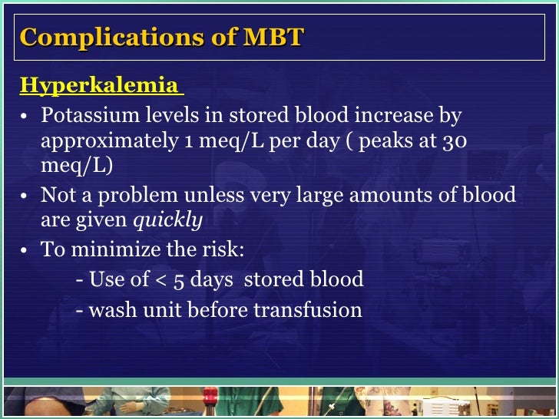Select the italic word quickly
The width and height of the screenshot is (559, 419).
click(168, 221)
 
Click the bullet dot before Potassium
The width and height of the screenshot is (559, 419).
click(25, 117)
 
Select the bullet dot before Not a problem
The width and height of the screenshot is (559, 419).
click(25, 196)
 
